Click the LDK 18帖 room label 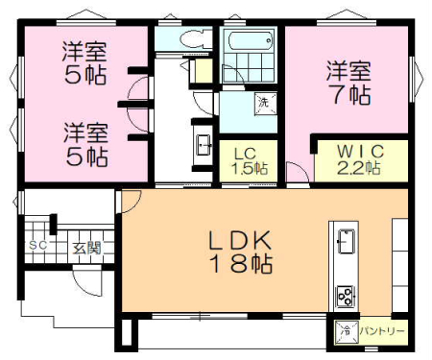(x=240, y=252)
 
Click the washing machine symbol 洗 (x=265, y=103)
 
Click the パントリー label (x=382, y=331)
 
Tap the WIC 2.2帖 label (x=360, y=159)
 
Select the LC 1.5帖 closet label (x=250, y=161)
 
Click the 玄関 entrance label (x=86, y=248)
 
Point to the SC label (x=38, y=246)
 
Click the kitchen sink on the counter (x=346, y=241)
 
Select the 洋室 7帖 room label (x=348, y=83)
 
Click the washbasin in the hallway (x=204, y=145)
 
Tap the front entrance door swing (x=87, y=280)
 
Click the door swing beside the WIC (x=298, y=173)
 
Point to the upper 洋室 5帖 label (x=84, y=63)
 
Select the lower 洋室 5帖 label (x=86, y=144)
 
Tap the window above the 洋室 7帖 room (x=347, y=22)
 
